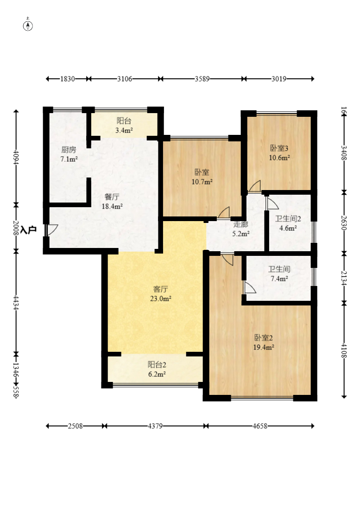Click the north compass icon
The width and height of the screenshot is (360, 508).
tap(28, 25)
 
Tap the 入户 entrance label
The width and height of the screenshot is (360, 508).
tap(28, 230)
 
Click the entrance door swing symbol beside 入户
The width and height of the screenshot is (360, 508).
tap(51, 230)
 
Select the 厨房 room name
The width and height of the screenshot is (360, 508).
tap(69, 150)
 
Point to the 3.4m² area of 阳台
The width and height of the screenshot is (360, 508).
tap(124, 131)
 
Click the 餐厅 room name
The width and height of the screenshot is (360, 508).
tap(112, 197)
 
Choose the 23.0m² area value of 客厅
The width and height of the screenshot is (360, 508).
tap(161, 298)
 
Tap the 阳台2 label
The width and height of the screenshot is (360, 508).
tap(157, 364)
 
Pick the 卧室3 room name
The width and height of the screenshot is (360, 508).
tap(279, 148)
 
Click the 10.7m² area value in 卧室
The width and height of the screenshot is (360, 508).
tap(202, 182)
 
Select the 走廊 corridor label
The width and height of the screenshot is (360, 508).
tap(241, 224)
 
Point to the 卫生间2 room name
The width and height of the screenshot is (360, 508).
tap(288, 219)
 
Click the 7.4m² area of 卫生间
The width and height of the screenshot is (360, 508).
tap(279, 279)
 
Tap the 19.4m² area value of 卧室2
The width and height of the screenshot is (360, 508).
tap(264, 347)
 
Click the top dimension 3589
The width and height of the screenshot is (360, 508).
tap(202, 79)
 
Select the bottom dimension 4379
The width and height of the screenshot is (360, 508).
tap(155, 426)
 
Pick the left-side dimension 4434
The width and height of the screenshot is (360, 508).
tap(16, 302)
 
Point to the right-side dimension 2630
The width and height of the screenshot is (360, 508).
tap(344, 223)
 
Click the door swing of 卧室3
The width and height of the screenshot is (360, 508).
tap(254, 186)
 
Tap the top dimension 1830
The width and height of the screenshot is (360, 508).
tap(67, 79)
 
